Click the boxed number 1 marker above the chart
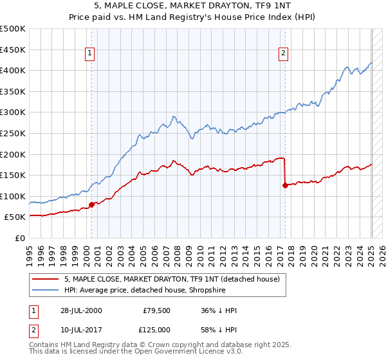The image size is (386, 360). point(89,54)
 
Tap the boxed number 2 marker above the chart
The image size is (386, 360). point(283,54)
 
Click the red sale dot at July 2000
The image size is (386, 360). point(92,205)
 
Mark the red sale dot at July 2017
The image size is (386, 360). point(284,186)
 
